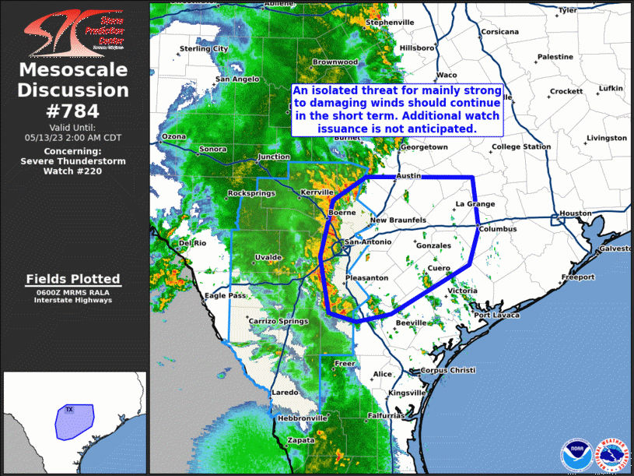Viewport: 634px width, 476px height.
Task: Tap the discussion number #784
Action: [x=73, y=110]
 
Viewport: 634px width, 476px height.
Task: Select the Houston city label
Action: [x=576, y=213]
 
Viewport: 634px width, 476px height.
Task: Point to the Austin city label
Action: [x=408, y=176]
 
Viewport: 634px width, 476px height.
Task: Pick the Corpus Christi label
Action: [x=448, y=371]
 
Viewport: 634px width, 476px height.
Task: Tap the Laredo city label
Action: [x=284, y=393]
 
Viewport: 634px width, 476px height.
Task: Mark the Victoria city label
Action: [x=463, y=291]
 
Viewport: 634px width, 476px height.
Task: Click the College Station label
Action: [x=521, y=146]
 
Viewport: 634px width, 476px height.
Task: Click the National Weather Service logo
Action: [x=611, y=453]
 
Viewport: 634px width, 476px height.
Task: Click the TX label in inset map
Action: [x=68, y=409]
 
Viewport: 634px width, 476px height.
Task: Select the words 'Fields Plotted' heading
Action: [x=73, y=279]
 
